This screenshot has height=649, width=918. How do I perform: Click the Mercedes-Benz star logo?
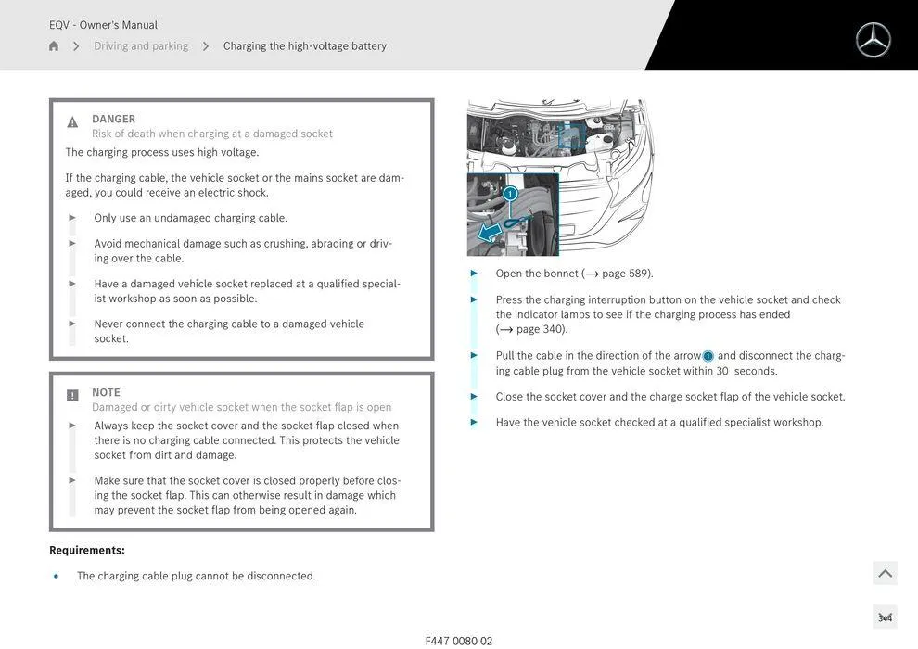(873, 40)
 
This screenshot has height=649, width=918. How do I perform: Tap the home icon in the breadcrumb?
(54, 46)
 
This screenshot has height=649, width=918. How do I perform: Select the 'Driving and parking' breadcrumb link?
(141, 46)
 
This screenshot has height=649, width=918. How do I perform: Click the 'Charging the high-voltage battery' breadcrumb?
(304, 46)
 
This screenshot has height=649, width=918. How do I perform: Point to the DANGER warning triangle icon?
(72, 122)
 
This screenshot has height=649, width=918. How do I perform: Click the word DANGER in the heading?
(113, 119)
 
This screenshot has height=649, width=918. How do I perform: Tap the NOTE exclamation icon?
(72, 396)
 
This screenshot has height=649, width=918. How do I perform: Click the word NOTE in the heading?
(106, 392)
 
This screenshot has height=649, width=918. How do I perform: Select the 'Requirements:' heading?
(87, 550)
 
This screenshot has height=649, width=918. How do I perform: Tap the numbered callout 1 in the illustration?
(510, 194)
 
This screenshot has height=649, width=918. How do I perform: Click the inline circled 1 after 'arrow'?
(708, 356)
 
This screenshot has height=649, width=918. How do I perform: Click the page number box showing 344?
(885, 617)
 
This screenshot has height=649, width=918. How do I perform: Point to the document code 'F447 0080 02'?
(459, 641)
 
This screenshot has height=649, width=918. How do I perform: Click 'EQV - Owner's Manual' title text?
(103, 25)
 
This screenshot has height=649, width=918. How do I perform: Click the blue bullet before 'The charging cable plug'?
(57, 576)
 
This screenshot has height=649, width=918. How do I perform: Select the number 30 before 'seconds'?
(722, 371)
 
